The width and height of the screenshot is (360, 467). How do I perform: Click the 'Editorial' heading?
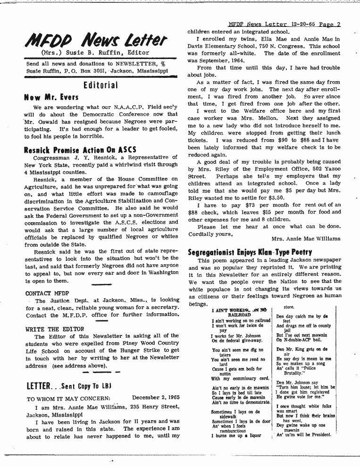(100, 85)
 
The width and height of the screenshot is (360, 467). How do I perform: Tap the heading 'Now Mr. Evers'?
(51, 98)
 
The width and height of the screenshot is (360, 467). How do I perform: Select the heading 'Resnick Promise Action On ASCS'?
(80, 150)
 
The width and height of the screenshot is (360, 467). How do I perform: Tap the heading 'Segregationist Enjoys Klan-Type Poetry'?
(250, 252)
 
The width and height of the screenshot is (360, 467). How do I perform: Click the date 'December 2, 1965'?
(156, 398)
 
